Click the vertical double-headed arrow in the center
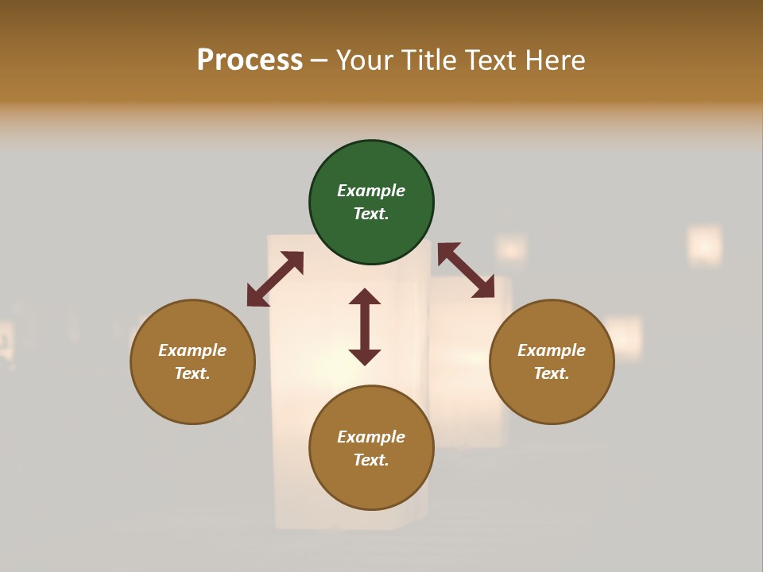coord(365,327)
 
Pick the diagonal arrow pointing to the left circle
coord(275,279)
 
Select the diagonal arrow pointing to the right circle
coord(466,271)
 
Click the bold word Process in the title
coord(250,60)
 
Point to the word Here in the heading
coord(556,60)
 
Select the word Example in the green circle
coord(371,191)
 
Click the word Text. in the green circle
coord(371,214)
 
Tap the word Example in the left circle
coord(192,350)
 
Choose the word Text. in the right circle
coord(552,373)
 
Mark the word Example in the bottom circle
coord(371,437)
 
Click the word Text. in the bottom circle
coord(371,460)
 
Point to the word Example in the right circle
coord(552,350)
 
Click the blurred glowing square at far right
coord(704,245)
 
